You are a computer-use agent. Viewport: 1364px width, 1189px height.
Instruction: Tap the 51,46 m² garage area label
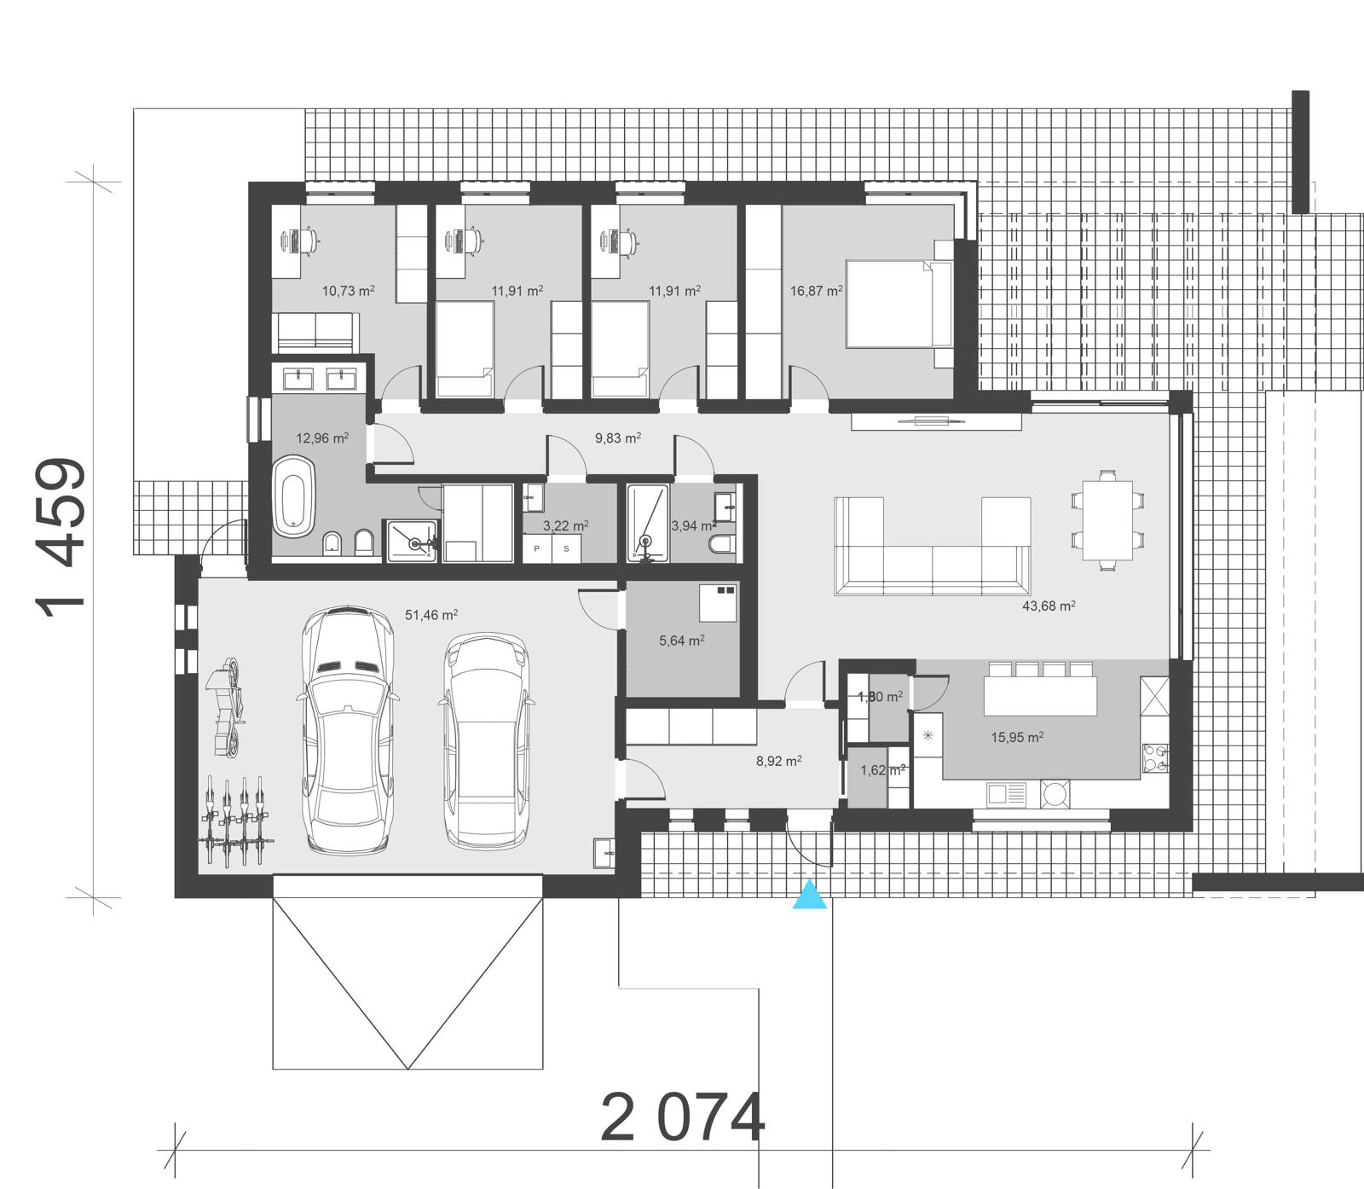(431, 614)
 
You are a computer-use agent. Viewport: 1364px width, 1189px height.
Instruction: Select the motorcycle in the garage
(227, 706)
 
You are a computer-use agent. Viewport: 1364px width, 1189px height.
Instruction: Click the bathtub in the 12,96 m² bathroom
(294, 497)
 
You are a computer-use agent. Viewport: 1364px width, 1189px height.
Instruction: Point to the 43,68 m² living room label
(1049, 606)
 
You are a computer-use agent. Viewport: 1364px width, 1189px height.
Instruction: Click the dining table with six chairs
(1107, 520)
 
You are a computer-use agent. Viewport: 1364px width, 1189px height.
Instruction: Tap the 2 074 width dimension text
(682, 1119)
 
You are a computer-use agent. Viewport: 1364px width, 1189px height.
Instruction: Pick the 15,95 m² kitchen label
(1017, 737)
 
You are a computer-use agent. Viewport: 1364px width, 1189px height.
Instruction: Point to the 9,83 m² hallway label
(618, 438)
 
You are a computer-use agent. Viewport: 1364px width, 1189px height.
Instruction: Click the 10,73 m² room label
(348, 291)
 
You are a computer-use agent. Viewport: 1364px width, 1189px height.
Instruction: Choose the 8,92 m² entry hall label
(778, 761)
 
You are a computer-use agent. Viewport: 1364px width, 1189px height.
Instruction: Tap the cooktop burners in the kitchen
(1155, 757)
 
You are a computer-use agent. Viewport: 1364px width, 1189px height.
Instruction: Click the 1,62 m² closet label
(881, 770)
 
